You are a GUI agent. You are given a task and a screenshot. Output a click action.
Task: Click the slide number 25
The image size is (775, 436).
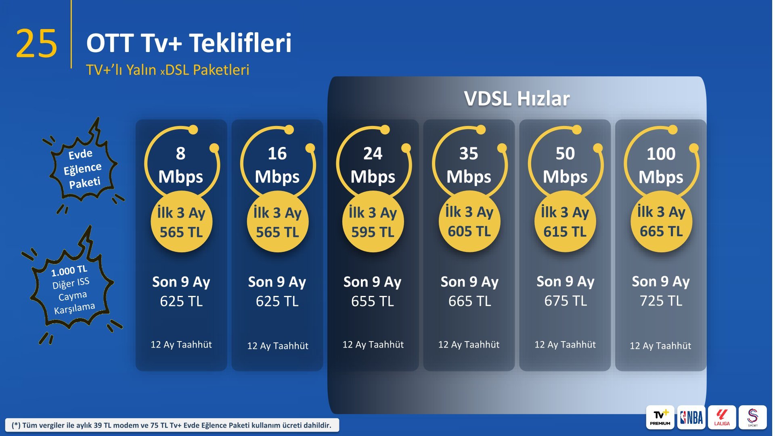[x=36, y=44]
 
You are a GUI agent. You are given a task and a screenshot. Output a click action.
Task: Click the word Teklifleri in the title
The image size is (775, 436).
[x=240, y=43]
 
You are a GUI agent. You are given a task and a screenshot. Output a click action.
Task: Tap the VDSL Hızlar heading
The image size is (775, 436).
[x=517, y=99]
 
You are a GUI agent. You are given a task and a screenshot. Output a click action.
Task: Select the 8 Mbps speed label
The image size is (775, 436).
[x=180, y=165]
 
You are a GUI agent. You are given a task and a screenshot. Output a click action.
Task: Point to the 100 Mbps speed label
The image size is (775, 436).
[x=661, y=165]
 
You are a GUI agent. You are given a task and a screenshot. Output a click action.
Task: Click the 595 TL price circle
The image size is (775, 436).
[x=373, y=222]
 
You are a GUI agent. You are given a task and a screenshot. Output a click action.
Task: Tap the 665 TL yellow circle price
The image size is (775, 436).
[x=661, y=222]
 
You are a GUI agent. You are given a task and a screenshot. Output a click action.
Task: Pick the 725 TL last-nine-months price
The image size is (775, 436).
[x=661, y=301]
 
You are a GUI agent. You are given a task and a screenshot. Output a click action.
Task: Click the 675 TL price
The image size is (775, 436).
[x=566, y=301]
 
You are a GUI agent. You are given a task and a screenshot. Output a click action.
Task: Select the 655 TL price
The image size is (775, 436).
[x=373, y=301]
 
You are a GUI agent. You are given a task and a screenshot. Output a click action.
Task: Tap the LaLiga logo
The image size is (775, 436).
[x=722, y=417]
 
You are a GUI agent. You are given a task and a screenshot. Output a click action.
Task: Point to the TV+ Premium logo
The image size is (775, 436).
[x=660, y=417]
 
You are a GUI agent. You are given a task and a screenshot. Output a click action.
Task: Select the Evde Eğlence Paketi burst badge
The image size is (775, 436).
[x=84, y=166]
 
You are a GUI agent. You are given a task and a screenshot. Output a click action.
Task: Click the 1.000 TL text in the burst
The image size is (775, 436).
[x=69, y=271]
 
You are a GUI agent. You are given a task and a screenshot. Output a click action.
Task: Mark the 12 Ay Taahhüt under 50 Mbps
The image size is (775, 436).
[x=565, y=344]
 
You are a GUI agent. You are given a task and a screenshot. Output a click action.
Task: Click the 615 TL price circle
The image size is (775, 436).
[x=565, y=222]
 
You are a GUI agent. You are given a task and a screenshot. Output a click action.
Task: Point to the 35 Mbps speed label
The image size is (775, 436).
[x=469, y=165]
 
